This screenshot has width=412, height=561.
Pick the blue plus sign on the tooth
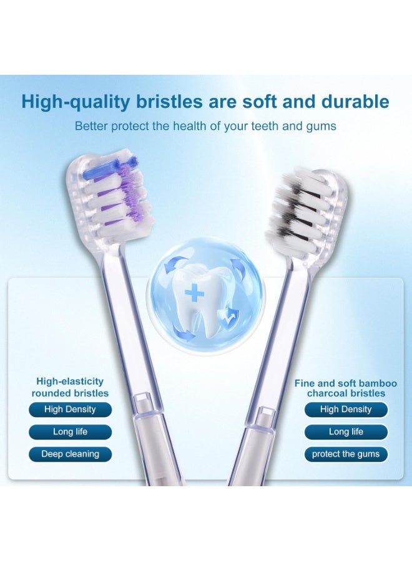point(194,294)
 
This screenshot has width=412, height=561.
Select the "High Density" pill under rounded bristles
point(70,410)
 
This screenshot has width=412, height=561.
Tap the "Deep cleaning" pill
point(70,454)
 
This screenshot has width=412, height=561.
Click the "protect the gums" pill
point(346,454)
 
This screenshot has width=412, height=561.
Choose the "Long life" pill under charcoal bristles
point(346,432)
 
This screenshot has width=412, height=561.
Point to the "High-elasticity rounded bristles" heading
point(70,387)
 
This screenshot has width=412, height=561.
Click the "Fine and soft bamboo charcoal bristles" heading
point(345,388)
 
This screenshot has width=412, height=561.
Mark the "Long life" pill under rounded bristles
point(70,432)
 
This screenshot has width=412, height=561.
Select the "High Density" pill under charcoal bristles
point(346,410)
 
